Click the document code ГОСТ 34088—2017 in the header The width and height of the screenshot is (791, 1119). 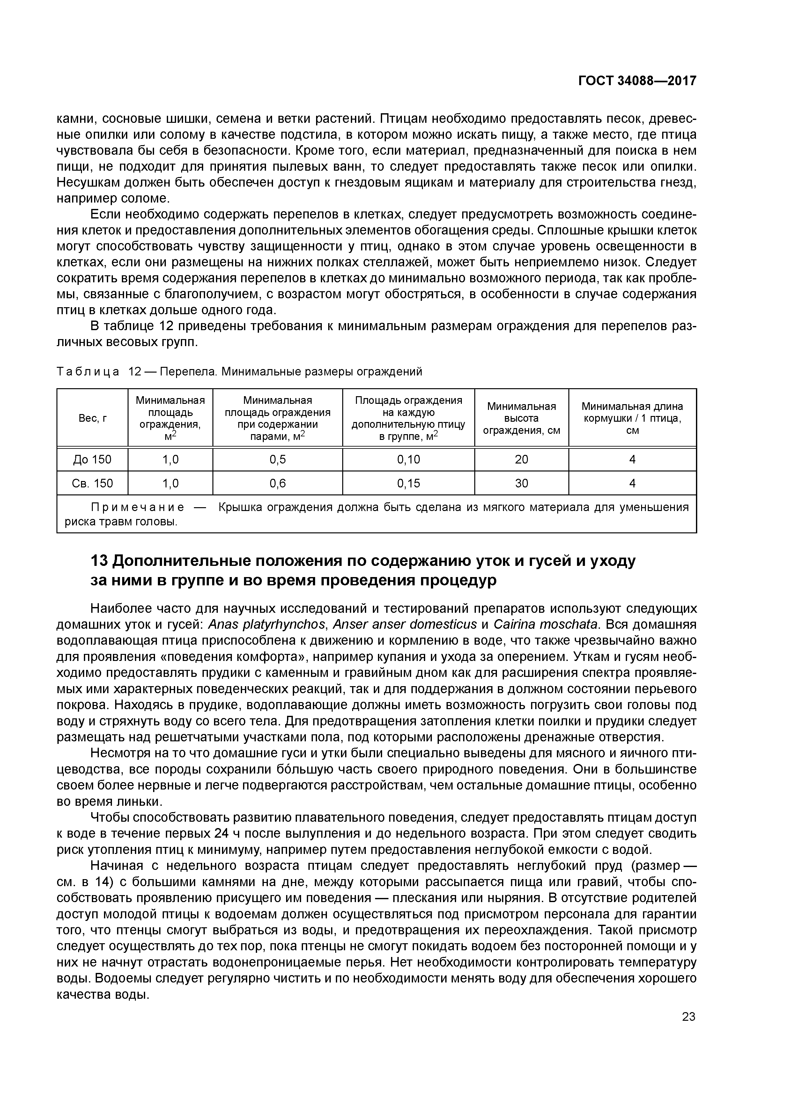pos(637,81)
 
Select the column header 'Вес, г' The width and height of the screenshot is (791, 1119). pos(92,418)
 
